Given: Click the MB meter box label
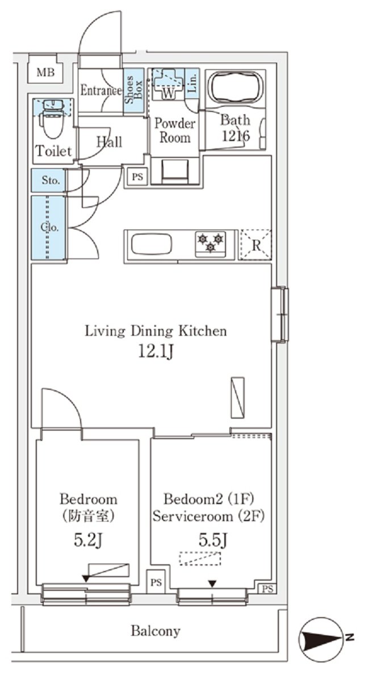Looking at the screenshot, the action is [45, 72].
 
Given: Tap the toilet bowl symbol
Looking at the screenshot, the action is [53, 120].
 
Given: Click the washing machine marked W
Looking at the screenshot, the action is [168, 84].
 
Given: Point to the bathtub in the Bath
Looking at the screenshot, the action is [235, 88].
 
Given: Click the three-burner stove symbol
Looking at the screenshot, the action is [211, 244].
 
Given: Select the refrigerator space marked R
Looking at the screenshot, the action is [256, 245].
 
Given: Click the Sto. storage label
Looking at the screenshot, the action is [51, 181].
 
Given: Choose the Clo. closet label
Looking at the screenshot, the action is [50, 228].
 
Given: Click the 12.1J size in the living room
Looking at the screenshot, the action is [156, 352].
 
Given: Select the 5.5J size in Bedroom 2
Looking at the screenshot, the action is [212, 539].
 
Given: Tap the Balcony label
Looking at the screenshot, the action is [156, 631].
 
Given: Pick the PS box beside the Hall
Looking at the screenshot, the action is [137, 177].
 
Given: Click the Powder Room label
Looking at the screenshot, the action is [175, 131].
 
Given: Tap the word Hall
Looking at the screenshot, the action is [110, 141].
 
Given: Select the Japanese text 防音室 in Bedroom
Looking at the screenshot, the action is [88, 515].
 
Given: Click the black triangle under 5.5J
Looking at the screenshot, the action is [212, 584].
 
